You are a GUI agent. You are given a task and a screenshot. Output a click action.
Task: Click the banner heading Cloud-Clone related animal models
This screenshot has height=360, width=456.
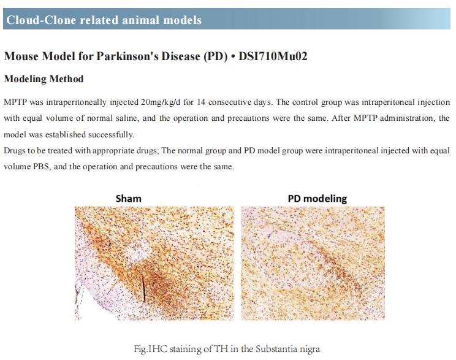tap(104, 20)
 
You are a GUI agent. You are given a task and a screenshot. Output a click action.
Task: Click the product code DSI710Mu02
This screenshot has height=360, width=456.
tap(273, 56)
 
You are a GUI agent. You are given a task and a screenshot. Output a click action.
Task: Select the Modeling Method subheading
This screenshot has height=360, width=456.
tap(44, 79)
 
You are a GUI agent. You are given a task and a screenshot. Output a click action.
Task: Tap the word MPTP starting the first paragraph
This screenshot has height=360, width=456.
tap(15, 102)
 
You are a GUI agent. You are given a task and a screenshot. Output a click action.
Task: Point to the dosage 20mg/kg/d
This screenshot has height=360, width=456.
tap(161, 102)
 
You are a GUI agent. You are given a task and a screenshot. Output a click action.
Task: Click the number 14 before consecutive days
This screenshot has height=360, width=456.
tap(201, 102)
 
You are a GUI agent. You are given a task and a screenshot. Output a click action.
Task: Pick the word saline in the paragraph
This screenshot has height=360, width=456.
tap(128, 118)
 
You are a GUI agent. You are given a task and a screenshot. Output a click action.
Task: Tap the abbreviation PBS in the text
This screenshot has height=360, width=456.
tap(41, 166)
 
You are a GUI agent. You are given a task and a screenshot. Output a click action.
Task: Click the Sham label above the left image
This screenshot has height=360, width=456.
tap(128, 199)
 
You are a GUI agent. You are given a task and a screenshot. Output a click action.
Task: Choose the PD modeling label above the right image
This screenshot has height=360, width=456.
tap(317, 199)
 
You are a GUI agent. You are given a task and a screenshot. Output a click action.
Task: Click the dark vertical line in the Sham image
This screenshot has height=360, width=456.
tap(143, 288)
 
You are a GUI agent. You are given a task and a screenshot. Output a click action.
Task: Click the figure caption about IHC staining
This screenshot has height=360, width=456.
tap(227, 348)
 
